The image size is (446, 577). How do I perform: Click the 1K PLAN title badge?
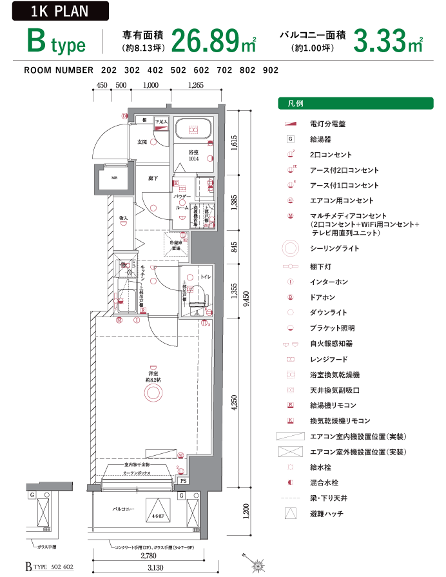coord(60,11)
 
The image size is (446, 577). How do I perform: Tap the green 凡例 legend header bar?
coord(355,103)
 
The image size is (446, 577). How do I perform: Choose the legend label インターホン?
coord(329,282)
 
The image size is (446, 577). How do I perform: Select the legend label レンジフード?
coord(329,359)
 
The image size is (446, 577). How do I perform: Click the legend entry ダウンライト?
coord(329,313)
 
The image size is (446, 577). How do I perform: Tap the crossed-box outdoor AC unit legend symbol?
coord(290,451)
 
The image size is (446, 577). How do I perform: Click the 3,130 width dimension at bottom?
coord(155,567)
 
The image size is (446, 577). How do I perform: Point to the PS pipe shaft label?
coord(182,481)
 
